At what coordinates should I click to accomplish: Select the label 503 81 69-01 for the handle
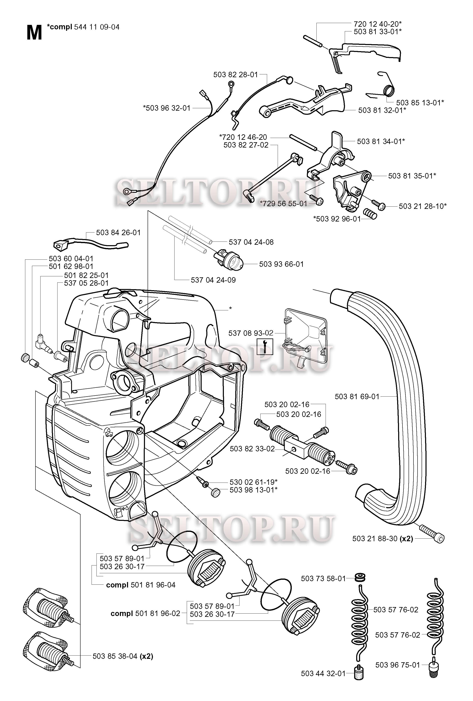click(x=357, y=397)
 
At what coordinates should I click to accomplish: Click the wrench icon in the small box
click(x=265, y=346)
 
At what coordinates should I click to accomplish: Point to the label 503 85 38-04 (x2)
click(x=123, y=656)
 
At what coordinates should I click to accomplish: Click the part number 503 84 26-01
click(x=118, y=233)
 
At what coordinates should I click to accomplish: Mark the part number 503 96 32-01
click(x=167, y=108)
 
